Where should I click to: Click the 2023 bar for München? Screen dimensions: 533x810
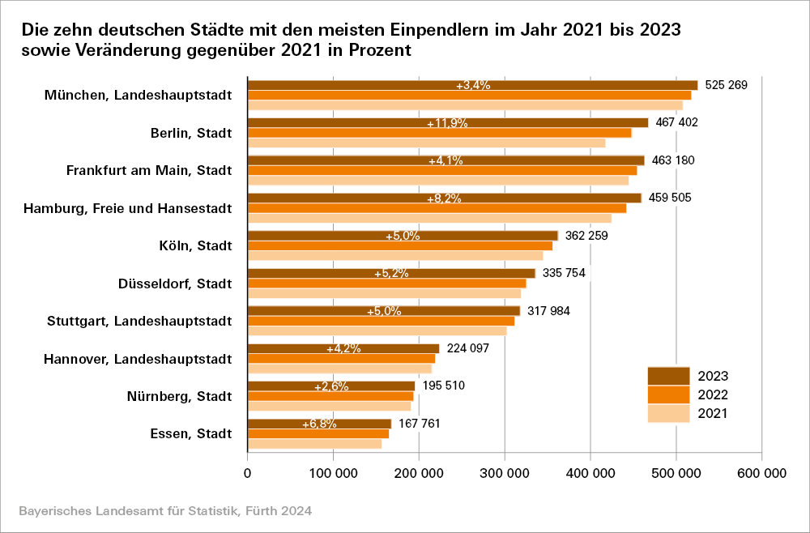click(x=567, y=85)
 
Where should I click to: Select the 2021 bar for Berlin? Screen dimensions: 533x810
click(x=426, y=143)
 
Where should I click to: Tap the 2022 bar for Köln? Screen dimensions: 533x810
click(x=399, y=245)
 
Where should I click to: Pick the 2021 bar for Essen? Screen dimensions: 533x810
click(x=314, y=444)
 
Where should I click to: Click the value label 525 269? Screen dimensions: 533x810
click(x=726, y=85)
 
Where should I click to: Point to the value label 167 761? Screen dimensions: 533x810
click(x=420, y=424)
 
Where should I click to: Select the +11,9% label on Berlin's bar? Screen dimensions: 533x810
click(x=447, y=124)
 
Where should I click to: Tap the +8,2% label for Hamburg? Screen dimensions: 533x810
click(x=444, y=198)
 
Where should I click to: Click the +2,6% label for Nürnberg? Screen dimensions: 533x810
click(x=331, y=387)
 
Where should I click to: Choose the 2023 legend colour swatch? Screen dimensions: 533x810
click(x=668, y=376)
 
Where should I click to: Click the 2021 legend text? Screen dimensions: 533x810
click(x=714, y=414)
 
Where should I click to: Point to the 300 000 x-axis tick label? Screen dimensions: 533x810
click(x=505, y=473)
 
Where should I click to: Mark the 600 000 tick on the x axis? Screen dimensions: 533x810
click(x=761, y=473)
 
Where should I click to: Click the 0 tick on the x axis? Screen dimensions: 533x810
click(x=248, y=473)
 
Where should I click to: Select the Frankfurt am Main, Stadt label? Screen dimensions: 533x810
click(x=148, y=170)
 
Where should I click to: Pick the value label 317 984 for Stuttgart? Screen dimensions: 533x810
click(x=548, y=311)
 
